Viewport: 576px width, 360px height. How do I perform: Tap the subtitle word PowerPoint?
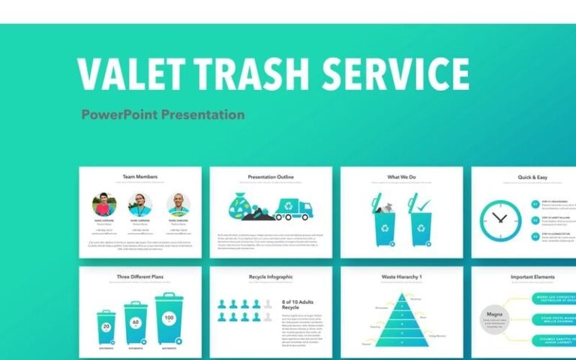tap(119, 115)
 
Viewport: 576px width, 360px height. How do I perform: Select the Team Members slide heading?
tap(140, 177)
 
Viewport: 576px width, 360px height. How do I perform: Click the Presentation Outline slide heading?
tap(271, 177)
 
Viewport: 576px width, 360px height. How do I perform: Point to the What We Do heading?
tap(401, 177)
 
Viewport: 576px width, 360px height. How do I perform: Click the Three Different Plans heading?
tap(140, 277)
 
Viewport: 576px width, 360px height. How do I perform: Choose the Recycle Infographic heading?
tap(271, 277)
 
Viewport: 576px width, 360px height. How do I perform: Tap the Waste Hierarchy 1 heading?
tap(401, 277)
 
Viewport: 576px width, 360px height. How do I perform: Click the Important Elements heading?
tap(532, 277)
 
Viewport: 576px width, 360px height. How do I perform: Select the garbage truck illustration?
tap(294, 208)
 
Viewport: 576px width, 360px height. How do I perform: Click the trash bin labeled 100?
tap(169, 318)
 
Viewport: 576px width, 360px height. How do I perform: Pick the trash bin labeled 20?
tap(106, 327)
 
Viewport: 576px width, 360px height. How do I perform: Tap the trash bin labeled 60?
tap(136, 322)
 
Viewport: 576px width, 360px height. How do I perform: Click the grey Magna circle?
tap(494, 317)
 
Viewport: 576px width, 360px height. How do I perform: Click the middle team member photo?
tap(140, 205)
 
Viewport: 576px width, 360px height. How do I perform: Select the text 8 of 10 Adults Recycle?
tap(295, 304)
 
